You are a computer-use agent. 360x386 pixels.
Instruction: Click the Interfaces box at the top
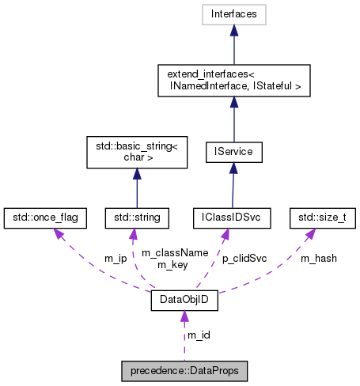(234, 13)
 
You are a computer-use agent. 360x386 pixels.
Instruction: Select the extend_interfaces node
(234, 80)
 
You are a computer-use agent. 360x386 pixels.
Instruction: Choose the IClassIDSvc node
(233, 215)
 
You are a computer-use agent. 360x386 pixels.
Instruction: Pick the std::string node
(138, 215)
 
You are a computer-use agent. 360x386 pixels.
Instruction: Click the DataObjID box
(184, 301)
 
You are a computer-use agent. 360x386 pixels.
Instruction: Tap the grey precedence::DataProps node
(184, 369)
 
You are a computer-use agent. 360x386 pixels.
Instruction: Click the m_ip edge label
(116, 258)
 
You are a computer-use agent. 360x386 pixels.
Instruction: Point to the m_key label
(171, 263)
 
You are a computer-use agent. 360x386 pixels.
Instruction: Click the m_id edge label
(198, 335)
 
